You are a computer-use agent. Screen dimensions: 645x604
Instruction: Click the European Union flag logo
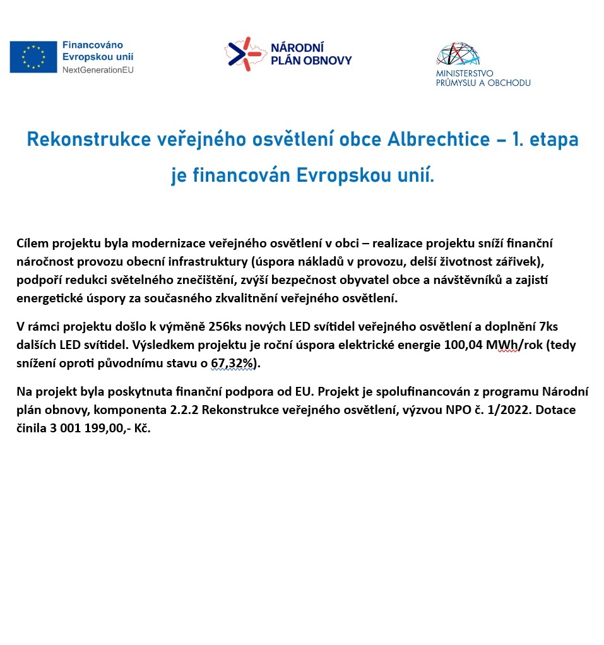[x=33, y=56]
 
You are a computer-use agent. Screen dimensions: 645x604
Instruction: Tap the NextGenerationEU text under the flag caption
[x=98, y=69]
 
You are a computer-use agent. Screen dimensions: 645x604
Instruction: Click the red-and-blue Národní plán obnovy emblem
[x=243, y=54]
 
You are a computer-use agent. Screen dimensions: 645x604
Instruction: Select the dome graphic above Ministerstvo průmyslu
[x=458, y=54]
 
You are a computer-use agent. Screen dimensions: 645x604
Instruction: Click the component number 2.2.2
[x=184, y=410]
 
